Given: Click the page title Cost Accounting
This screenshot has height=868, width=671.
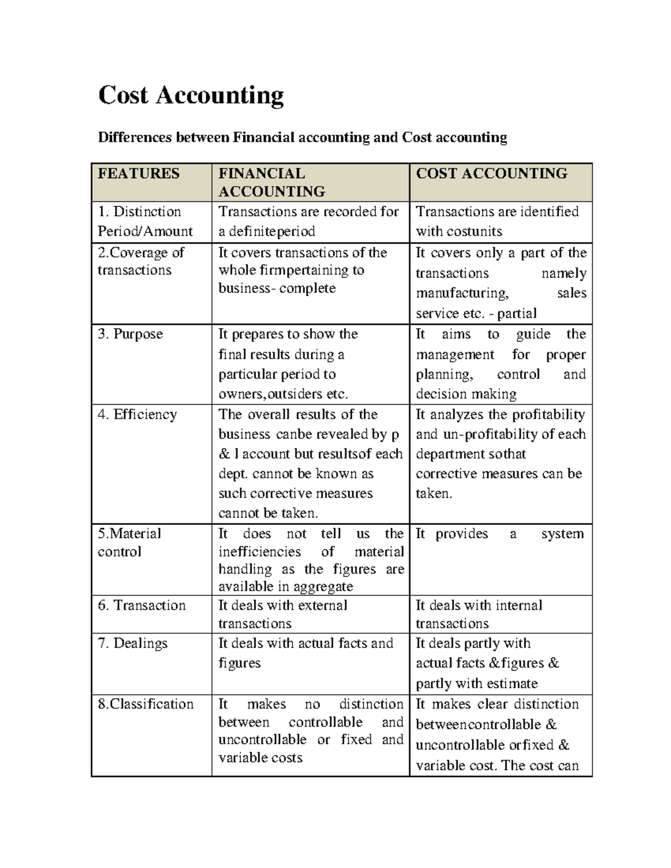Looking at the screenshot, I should (191, 95).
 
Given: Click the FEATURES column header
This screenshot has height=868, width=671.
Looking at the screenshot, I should (139, 173).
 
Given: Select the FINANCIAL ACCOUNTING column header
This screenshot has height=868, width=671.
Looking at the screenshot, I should (272, 182).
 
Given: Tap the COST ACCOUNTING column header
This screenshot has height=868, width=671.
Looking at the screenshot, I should (492, 173).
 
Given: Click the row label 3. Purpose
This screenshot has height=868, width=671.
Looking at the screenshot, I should (130, 334).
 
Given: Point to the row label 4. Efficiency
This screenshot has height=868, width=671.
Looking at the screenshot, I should (137, 415).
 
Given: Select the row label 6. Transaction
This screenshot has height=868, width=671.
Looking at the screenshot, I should (141, 605).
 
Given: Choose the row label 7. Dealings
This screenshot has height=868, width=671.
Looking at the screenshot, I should (133, 643).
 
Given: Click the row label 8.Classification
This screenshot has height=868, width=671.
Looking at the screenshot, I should (145, 704).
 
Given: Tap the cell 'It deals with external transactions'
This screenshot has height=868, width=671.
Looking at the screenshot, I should (282, 614).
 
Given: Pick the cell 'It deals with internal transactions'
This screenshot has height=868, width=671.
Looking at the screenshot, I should (479, 614).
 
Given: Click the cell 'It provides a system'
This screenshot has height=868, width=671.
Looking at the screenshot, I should (499, 534).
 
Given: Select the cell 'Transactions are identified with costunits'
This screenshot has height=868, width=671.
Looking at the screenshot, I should (497, 221).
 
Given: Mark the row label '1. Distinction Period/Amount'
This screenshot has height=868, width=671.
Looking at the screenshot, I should (145, 221).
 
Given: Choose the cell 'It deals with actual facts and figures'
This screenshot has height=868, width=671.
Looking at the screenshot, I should (305, 653).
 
